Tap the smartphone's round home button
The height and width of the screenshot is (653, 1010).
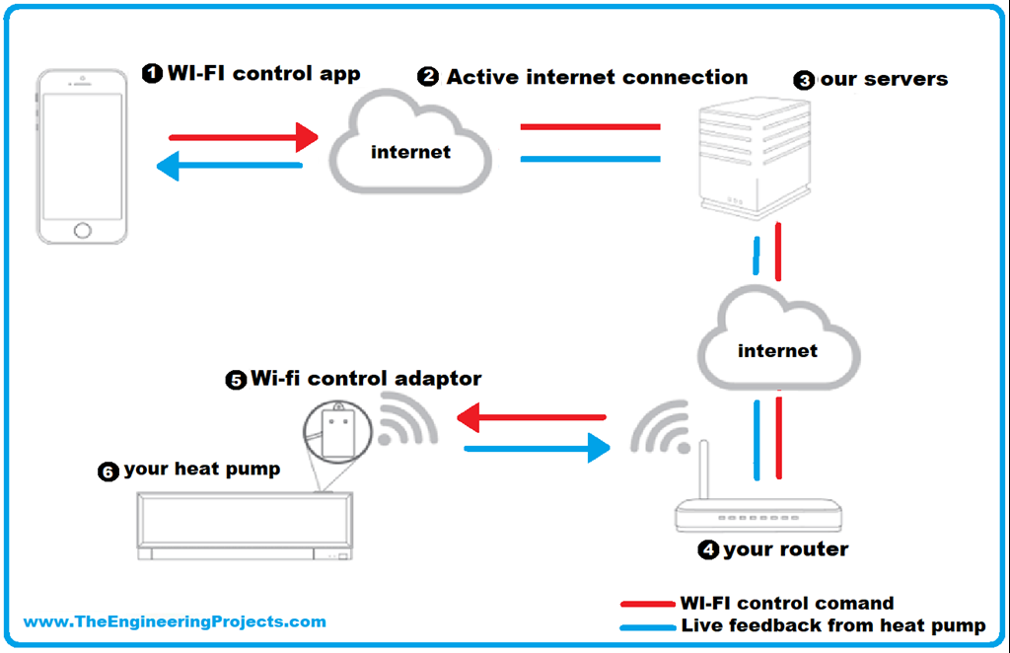[83, 230]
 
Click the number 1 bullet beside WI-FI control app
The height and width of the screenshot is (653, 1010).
[152, 74]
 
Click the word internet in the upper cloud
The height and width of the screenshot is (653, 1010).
[410, 152]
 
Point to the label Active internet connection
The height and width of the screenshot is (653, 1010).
[597, 77]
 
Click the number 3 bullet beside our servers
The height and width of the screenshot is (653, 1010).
[805, 81]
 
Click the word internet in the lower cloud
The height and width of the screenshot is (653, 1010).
[777, 350]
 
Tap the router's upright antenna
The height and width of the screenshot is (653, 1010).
[704, 471]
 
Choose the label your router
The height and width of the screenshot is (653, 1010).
[785, 549]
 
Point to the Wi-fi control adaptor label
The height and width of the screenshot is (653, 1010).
[366, 379]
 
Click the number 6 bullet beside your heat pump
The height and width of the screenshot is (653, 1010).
[108, 472]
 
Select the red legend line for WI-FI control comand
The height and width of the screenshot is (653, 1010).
[646, 604]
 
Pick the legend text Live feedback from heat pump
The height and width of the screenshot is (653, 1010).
[832, 625]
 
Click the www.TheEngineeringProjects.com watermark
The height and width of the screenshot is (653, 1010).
[175, 621]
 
